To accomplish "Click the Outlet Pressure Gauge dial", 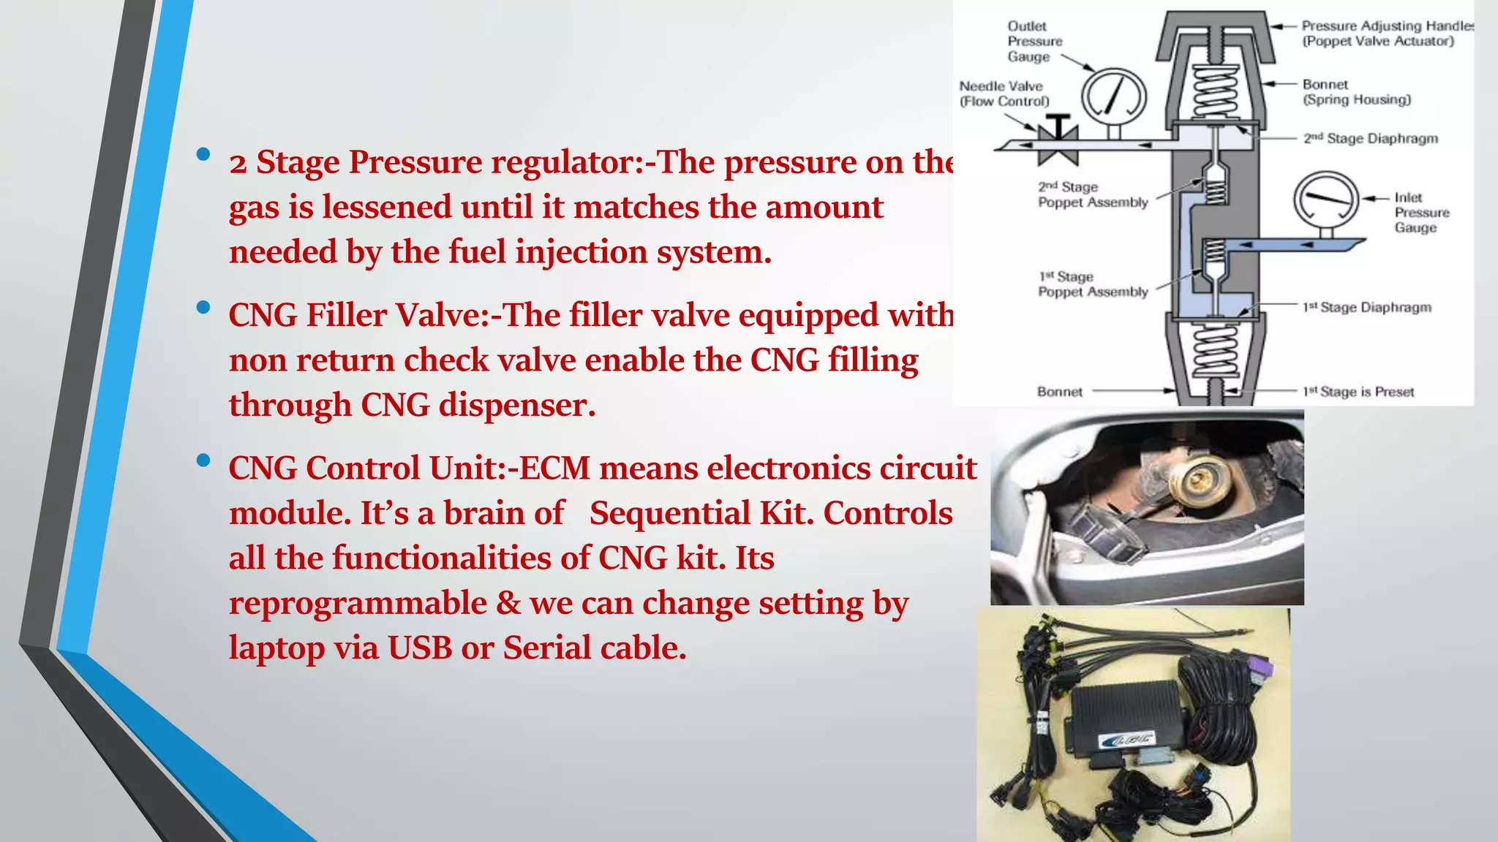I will click(1113, 97).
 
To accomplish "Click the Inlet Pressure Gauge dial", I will click(1325, 200).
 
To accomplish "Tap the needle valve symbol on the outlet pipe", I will click(1058, 139).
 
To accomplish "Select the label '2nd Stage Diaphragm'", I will click(1370, 138).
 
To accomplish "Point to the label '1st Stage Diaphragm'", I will click(1366, 307).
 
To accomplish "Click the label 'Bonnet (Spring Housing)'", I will click(1356, 92).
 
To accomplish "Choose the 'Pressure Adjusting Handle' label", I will click(1386, 34).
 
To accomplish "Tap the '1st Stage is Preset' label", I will click(1358, 392).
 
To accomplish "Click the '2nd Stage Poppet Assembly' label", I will click(1093, 194).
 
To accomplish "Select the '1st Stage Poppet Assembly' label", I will click(1093, 284).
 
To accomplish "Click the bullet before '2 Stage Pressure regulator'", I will click(203, 154).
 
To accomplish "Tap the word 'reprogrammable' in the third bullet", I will click(358, 603).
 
